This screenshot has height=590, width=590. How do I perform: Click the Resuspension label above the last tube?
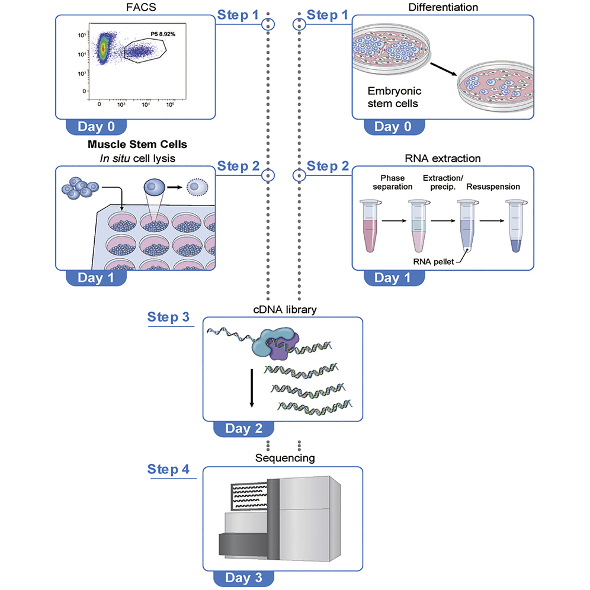pos(493,187)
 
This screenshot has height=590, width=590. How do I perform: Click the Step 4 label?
pos(169,470)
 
